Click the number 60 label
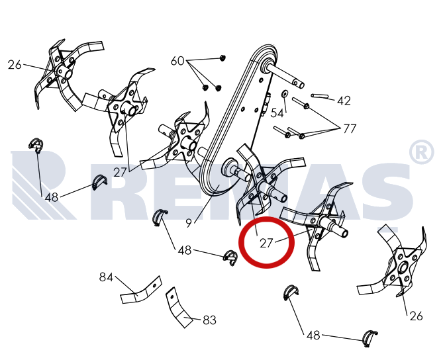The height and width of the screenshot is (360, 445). [177, 61]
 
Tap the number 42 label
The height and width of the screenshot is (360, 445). [344, 101]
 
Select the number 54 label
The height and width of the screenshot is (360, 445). [277, 113]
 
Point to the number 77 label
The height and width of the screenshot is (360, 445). [350, 129]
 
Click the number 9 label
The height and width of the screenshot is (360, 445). [189, 223]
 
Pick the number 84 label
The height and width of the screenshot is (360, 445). [106, 277]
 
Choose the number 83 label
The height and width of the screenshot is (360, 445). [210, 320]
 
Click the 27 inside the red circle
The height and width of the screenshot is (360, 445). [266, 243]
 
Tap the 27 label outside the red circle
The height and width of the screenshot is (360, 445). [119, 172]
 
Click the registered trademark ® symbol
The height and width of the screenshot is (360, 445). [421, 152]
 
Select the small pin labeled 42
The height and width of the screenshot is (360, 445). [320, 96]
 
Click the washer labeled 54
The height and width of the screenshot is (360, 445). [285, 93]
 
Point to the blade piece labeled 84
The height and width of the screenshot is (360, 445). [142, 291]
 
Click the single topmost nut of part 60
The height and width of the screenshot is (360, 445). [222, 58]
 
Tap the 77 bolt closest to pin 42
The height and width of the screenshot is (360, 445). [301, 103]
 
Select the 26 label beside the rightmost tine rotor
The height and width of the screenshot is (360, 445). [416, 316]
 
